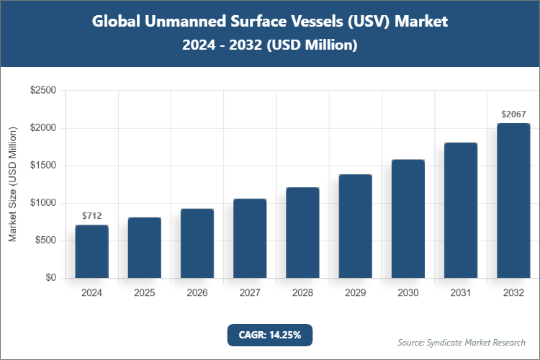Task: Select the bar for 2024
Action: pos(91,251)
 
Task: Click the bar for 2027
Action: pos(250,238)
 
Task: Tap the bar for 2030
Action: pos(408,219)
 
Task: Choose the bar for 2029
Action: pos(355,226)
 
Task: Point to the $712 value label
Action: pos(91,215)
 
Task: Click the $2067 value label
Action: pos(513,114)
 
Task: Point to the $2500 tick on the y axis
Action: pos(42,91)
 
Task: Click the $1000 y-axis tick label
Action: pos(42,203)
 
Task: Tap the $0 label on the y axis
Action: pos(50,278)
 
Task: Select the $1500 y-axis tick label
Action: pos(42,166)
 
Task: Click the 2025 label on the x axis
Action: pos(144,293)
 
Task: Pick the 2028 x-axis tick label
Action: pos(302,293)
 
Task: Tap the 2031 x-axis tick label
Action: pos(461,293)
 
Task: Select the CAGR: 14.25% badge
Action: pos(270,334)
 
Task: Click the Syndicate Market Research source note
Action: pos(462,342)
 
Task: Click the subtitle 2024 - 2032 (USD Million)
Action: pos(270,45)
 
